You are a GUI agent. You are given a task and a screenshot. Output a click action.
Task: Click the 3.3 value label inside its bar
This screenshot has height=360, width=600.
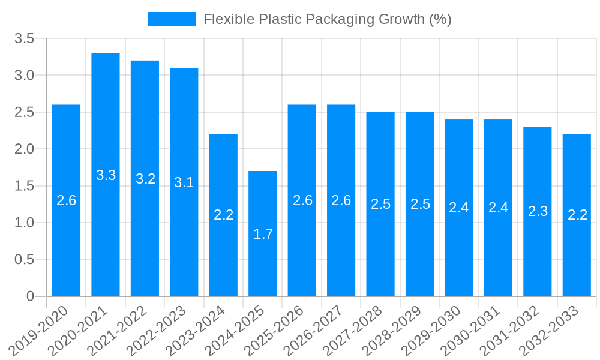106,175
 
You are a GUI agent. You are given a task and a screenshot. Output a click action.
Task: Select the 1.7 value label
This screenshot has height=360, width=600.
263,234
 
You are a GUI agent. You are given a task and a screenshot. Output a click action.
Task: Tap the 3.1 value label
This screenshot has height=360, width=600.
184,182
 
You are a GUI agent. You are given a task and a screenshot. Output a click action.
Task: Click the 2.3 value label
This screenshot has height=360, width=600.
538,211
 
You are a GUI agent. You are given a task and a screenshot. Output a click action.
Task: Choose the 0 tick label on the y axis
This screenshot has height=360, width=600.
30,296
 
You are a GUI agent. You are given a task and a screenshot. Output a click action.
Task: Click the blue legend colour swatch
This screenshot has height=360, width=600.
172,19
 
